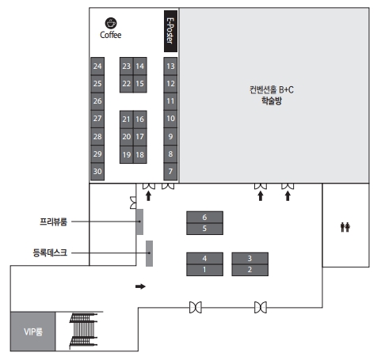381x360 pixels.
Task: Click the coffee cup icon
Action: pos(111,23)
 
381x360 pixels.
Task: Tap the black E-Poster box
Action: pos(170,31)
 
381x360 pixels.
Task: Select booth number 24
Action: pos(97,66)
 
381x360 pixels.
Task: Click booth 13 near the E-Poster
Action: pos(170,66)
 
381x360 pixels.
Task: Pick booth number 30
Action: pos(97,172)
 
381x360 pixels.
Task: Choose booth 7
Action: pos(170,172)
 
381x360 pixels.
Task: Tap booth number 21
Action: pos(127,119)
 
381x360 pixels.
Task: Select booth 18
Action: pos(140,154)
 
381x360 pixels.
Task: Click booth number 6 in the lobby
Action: pos(204,217)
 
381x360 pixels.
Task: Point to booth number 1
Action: pos(204,270)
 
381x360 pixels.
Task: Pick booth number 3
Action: pos(250,258)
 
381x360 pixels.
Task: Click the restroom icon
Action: pos(345,227)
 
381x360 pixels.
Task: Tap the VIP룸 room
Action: pos(33,332)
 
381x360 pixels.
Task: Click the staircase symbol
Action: pos(83,331)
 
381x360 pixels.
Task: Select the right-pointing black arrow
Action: pos(140,286)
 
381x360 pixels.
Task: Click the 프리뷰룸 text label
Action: pos(53,222)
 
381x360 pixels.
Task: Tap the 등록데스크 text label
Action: pos(50,252)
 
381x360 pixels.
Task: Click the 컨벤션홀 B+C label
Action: pos(272,90)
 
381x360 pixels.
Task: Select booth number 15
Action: pos(140,84)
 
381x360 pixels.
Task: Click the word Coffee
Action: pos(111,35)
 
